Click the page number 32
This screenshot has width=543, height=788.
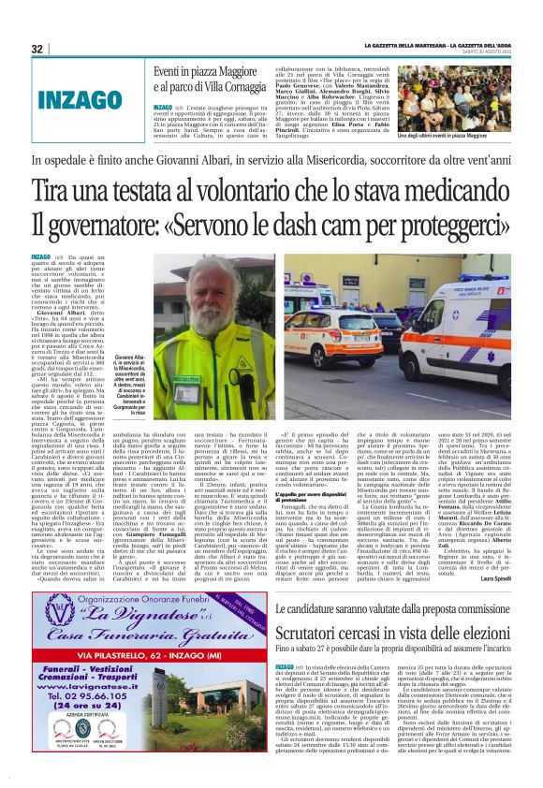pos(37,49)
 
